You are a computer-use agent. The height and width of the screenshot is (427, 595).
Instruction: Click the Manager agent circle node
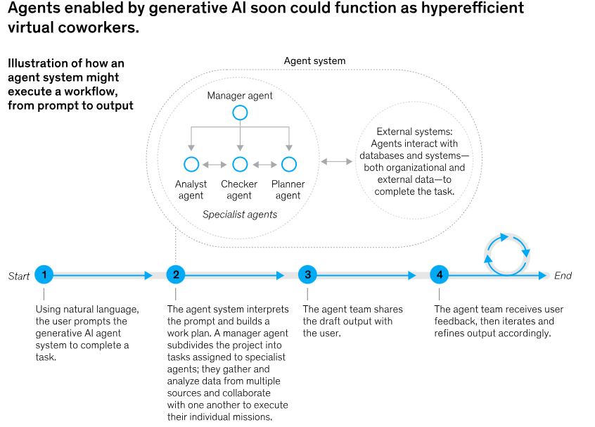pos(240,113)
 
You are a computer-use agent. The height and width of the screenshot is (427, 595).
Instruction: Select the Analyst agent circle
pos(191,165)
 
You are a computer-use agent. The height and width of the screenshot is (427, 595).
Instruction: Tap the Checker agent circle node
pos(240,165)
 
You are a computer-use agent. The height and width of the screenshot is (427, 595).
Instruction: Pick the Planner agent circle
pos(289,165)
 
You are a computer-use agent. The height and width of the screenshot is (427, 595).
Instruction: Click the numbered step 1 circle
pos(44,274)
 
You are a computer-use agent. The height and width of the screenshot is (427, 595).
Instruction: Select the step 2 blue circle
pos(176,274)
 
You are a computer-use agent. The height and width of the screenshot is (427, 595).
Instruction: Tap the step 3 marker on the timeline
pos(308,274)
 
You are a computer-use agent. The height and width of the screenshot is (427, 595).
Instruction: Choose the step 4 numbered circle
pos(440,274)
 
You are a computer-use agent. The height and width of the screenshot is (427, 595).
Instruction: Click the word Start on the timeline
pos(18,276)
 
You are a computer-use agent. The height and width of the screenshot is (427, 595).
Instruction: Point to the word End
pos(563,276)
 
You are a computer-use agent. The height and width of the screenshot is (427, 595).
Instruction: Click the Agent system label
pos(314,60)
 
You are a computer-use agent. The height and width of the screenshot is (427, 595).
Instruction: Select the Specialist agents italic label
pos(240,215)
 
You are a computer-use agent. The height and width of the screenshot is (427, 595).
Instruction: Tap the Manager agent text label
pos(240,96)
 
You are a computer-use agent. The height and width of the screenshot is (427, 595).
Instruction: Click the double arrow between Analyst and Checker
pos(215,165)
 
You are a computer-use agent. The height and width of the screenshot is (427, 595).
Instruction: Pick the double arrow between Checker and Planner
pos(264,165)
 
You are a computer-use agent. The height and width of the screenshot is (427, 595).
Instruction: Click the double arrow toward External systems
pos(337,162)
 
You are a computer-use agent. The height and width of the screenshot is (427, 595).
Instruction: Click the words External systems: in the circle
pos(414,132)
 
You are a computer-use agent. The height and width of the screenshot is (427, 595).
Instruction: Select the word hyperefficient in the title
pos(473,8)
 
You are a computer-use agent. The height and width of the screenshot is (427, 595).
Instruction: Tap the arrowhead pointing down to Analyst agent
pos(191,148)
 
